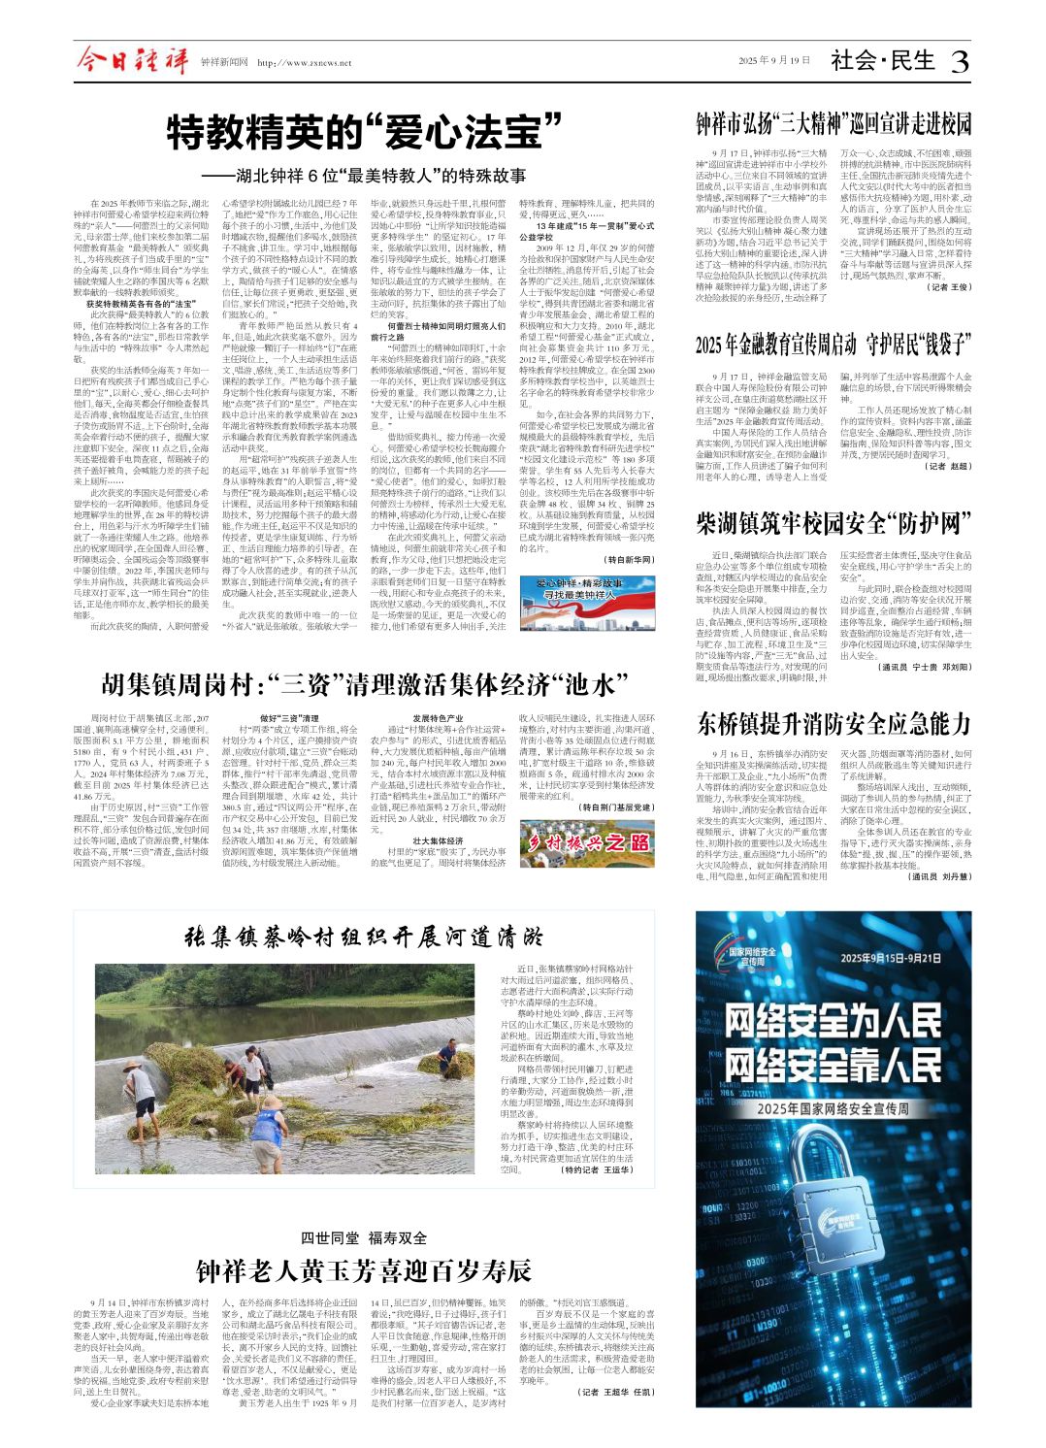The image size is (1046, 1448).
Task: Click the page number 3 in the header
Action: [959, 62]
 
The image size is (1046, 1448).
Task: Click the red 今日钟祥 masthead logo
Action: [133, 62]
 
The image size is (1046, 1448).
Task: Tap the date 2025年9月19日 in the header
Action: [773, 61]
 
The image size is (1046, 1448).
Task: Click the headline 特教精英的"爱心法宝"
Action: [365, 131]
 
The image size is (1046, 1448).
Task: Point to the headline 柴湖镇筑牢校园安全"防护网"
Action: [834, 525]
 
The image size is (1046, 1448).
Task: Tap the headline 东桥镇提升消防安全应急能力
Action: [834, 724]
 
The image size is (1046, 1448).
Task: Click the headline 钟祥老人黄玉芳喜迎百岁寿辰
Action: [364, 1270]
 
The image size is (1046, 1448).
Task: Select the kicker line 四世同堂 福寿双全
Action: [364, 1237]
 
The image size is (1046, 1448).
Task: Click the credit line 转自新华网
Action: [630, 560]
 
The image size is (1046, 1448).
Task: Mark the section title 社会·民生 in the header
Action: [883, 61]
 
